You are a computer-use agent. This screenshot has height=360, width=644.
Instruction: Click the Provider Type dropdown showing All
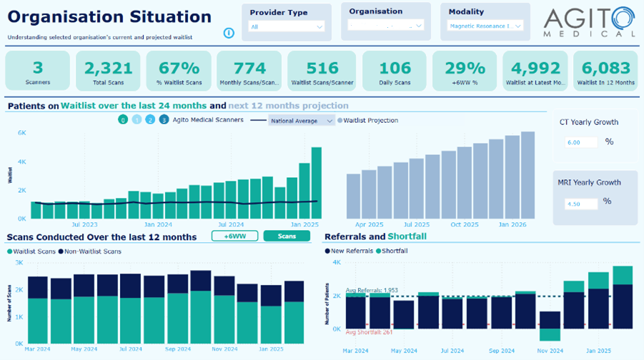coord(287,26)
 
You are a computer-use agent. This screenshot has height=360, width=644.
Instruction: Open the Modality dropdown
coord(485,26)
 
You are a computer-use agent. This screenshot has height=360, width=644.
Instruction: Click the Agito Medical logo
coord(589,22)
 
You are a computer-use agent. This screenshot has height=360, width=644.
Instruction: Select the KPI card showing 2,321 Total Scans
coord(108,71)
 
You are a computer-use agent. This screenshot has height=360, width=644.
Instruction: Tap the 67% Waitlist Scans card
coord(179,71)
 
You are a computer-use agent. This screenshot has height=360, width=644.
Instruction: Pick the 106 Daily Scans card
coord(395,71)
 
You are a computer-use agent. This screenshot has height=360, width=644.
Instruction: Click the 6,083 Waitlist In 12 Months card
coord(608,71)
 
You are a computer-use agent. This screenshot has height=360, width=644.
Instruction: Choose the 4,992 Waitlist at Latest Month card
coord(536,71)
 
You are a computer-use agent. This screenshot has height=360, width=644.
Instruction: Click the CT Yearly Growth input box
coord(582,142)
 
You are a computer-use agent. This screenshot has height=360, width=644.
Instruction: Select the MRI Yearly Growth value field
coord(582,204)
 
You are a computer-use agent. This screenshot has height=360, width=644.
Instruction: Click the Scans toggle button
coord(286,236)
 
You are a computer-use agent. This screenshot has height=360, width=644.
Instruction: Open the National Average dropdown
coord(302,121)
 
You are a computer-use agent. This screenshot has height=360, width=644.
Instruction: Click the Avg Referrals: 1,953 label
coord(372,291)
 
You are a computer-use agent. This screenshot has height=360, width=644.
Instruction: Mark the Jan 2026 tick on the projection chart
coord(512,224)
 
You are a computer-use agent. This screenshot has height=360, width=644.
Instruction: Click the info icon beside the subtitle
coord(229,33)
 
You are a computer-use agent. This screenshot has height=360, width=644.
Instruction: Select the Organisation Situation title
coord(109,17)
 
